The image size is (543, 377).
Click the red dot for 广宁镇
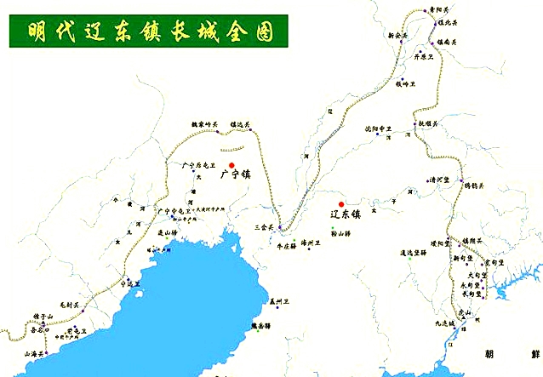[231, 165]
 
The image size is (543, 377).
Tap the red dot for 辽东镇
[341, 204]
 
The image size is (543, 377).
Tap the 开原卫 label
[424, 56]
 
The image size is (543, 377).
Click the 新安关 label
[397, 36]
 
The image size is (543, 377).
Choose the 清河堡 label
[439, 180]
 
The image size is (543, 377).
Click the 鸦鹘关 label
[472, 185]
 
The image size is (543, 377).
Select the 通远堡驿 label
[413, 252]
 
